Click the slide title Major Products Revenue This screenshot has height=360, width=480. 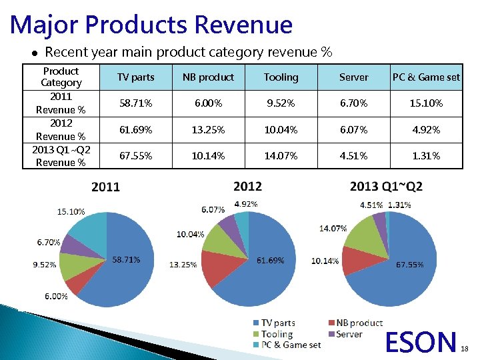pyautogui.click(x=151, y=25)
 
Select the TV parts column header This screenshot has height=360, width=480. pyautogui.click(x=135, y=77)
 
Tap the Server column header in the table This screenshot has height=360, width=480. pyautogui.click(x=353, y=77)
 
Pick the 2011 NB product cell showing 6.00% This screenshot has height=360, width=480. pyautogui.click(x=208, y=103)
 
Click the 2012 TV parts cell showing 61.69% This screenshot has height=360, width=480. pyautogui.click(x=135, y=129)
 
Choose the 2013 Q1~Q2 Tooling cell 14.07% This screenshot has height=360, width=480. pyautogui.click(x=281, y=156)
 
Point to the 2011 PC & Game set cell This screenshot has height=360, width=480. pyautogui.click(x=426, y=103)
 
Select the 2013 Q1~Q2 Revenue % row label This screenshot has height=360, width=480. pyautogui.click(x=61, y=156)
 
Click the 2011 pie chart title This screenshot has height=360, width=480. pyautogui.click(x=105, y=187)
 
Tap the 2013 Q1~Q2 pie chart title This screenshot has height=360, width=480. pyautogui.click(x=386, y=186)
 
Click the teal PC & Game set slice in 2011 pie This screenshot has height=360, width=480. pyautogui.click(x=87, y=230)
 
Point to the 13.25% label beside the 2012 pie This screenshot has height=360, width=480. pyautogui.click(x=183, y=265)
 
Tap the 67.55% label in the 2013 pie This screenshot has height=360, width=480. pyautogui.click(x=409, y=265)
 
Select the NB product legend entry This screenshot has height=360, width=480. pyautogui.click(x=359, y=323)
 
